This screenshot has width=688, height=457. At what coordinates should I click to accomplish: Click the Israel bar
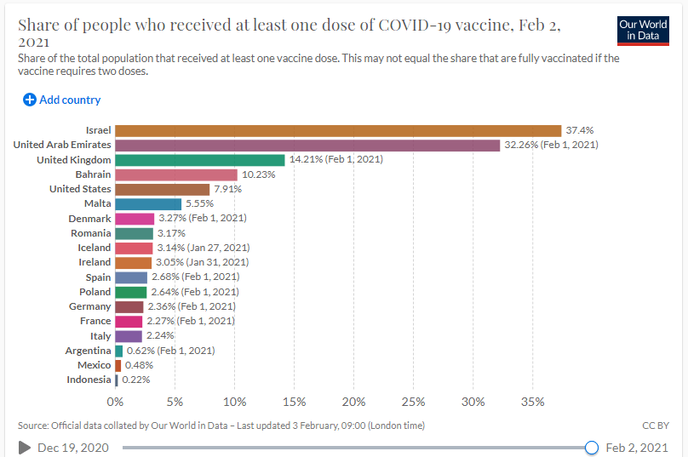pos(338,130)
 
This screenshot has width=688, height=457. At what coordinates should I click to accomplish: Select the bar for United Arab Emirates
pos(307,145)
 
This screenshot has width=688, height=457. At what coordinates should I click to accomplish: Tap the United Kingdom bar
pos(200,160)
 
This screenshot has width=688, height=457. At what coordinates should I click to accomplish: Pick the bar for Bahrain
pos(176,174)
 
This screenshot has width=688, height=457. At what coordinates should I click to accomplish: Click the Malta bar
pos(148,203)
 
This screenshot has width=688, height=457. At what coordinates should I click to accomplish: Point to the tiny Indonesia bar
pos(117,380)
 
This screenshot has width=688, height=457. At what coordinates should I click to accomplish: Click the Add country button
pos(61,100)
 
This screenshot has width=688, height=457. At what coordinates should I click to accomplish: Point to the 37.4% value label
pos(579,130)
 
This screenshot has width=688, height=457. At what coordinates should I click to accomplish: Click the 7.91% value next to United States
pos(226,189)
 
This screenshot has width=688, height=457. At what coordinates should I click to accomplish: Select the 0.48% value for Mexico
pos(136,365)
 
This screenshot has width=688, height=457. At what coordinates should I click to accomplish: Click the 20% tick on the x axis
pos(353,402)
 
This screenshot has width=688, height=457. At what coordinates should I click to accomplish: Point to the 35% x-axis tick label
pos(532,402)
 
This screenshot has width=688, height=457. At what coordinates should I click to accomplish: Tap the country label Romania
pos(91,233)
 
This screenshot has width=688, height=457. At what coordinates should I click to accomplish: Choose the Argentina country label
pos(88,351)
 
